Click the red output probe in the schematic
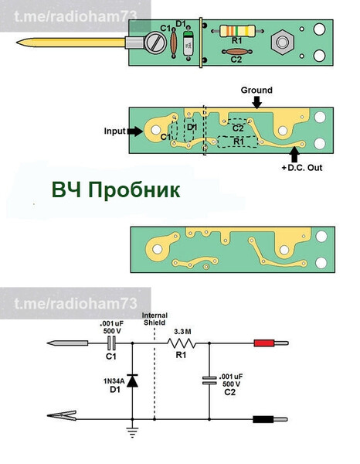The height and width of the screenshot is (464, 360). (x=266, y=343)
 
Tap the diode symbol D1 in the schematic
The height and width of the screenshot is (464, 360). (x=133, y=380)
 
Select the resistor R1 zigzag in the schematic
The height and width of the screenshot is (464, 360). (x=182, y=343)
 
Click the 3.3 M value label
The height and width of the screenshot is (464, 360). (x=182, y=331)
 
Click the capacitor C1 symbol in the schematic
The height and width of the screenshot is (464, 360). (x=110, y=343)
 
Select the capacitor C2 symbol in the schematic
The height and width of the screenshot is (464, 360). (x=209, y=380)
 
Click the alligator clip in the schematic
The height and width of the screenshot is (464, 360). (x=65, y=420)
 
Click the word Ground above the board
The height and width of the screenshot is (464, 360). (x=256, y=90)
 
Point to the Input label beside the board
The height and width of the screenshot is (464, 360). (x=114, y=131)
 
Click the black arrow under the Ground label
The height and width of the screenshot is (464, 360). (x=256, y=101)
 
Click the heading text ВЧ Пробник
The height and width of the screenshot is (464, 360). (x=116, y=190)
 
